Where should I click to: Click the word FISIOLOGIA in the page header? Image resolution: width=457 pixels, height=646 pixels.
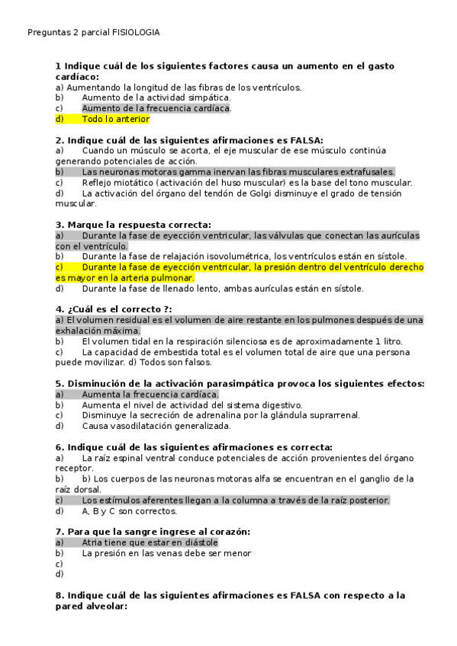click(136, 33)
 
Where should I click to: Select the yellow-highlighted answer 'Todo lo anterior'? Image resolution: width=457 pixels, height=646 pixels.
click(115, 120)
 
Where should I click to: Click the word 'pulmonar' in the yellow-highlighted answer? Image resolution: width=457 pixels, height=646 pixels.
click(172, 278)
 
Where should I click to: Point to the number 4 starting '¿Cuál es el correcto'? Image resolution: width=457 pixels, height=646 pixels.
click(59, 309)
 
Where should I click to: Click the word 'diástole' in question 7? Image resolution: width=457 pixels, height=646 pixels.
click(198, 542)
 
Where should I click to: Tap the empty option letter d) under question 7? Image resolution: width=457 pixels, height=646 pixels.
click(60, 574)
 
